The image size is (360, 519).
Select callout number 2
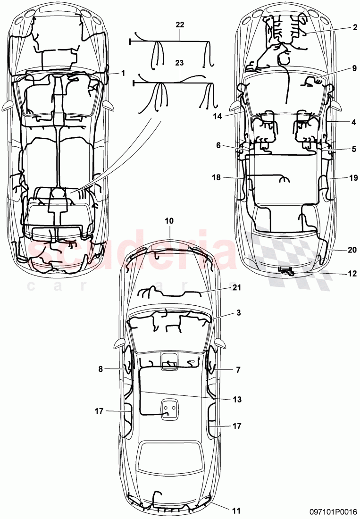354,27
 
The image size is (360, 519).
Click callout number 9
354,68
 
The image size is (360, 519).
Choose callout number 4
354,122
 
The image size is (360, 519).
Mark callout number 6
218,146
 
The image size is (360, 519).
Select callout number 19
354,178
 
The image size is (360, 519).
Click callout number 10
169,220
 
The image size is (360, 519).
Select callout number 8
100,370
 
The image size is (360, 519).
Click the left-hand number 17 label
98,410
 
